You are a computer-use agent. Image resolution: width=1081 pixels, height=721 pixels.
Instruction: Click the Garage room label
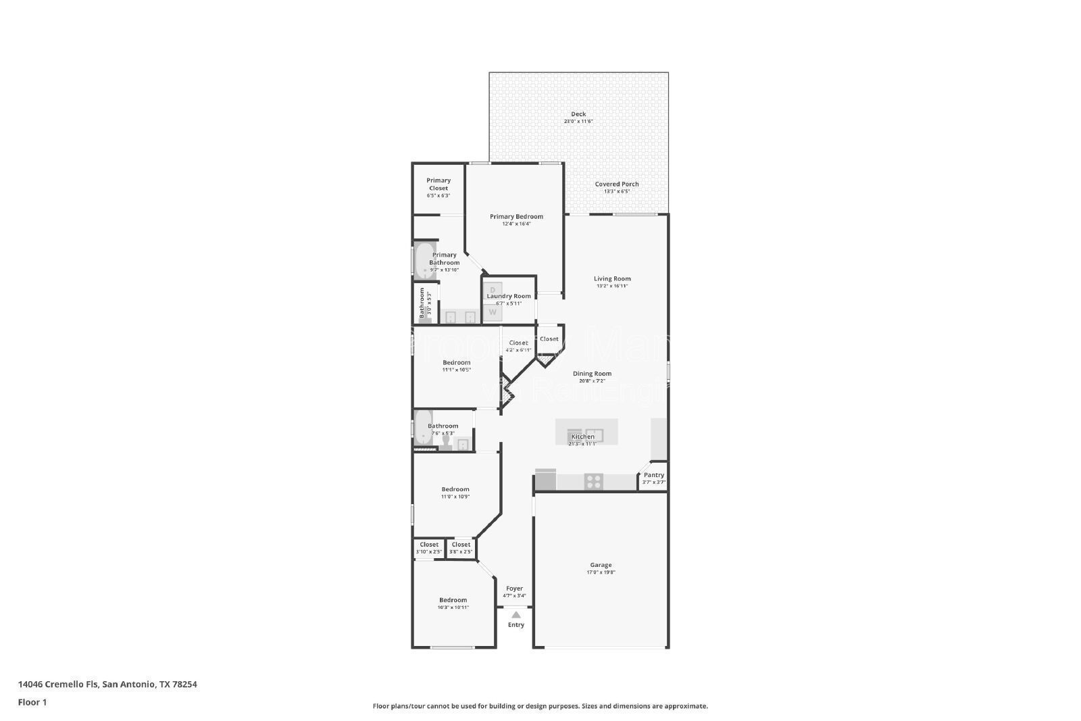(601, 565)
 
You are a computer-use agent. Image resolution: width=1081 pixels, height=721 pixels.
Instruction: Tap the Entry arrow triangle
(516, 615)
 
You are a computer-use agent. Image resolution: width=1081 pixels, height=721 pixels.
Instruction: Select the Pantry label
(653, 475)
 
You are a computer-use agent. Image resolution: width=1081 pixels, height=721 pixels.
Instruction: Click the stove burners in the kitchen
(593, 481)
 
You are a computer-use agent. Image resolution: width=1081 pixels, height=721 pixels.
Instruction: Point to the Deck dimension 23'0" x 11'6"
(578, 122)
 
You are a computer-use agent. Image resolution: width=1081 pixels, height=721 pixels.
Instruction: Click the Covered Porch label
(616, 184)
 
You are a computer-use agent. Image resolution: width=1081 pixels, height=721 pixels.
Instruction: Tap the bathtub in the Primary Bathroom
(424, 260)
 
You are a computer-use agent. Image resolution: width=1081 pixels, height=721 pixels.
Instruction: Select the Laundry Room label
(509, 296)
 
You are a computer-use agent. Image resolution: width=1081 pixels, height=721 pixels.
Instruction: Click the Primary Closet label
(438, 184)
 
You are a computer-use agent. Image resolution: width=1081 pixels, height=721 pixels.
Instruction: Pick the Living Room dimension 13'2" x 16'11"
(612, 286)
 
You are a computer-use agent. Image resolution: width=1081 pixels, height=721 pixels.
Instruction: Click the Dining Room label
(592, 374)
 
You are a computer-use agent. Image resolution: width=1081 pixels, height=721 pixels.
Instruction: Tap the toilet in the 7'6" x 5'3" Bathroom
(446, 443)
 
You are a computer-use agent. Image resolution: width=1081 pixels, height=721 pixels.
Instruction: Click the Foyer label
(514, 589)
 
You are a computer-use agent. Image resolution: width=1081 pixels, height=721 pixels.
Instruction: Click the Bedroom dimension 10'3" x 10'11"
(453, 607)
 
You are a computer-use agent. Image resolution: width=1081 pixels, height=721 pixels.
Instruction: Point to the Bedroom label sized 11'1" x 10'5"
(456, 362)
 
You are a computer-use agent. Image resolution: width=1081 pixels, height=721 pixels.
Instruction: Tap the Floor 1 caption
(32, 702)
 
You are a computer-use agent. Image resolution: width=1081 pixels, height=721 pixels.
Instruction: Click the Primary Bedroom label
(516, 217)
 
